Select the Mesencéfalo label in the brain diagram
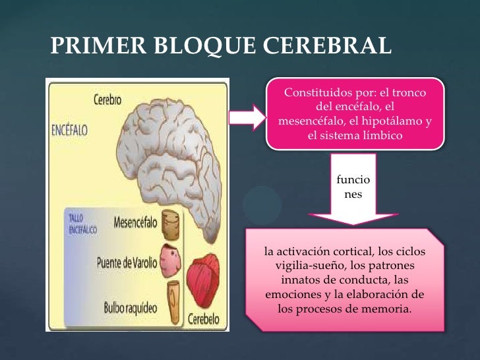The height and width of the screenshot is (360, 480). (x=135, y=222)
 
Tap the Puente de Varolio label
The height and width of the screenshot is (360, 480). (x=127, y=262)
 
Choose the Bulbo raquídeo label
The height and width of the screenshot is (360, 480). (x=130, y=307)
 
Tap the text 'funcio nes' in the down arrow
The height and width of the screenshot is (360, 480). (x=353, y=187)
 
